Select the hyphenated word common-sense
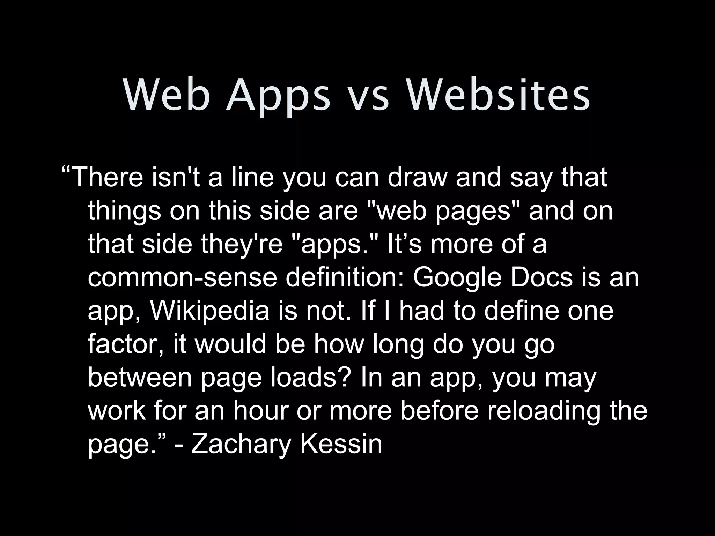(x=182, y=278)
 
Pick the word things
(x=124, y=211)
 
